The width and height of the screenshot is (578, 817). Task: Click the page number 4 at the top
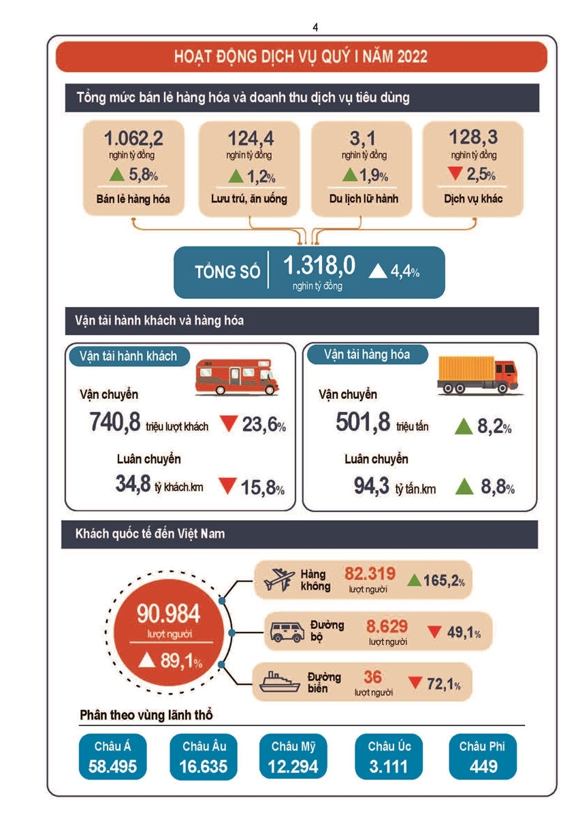(x=315, y=27)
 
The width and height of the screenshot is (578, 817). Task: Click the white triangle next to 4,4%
(x=377, y=271)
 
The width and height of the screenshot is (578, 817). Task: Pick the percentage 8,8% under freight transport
(x=498, y=488)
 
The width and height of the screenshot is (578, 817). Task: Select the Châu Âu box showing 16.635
(x=204, y=757)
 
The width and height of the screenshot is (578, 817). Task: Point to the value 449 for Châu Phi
(x=483, y=767)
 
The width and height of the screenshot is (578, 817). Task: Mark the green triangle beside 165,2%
(x=413, y=581)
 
